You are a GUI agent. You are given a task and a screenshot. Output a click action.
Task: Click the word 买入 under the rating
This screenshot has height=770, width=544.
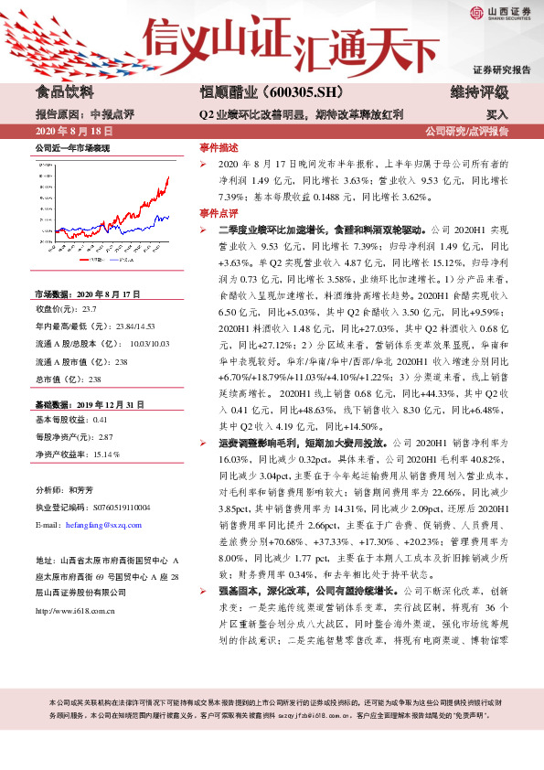click(x=496, y=115)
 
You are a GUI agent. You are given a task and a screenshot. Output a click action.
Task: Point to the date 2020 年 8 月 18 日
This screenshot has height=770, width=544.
click(x=72, y=131)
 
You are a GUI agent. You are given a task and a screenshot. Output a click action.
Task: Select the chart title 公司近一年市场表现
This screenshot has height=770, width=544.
click(x=72, y=147)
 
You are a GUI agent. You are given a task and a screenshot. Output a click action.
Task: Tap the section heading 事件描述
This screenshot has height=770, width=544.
click(x=219, y=147)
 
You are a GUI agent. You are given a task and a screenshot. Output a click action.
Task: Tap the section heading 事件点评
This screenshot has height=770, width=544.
click(x=219, y=212)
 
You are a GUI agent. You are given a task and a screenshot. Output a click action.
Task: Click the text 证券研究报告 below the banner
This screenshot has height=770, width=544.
click(x=502, y=70)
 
